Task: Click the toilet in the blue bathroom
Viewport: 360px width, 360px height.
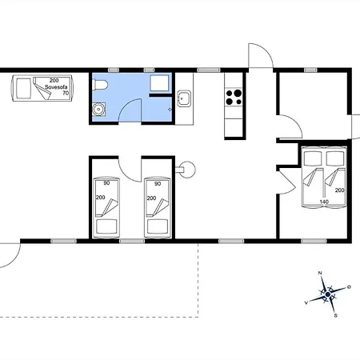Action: click(x=100, y=85)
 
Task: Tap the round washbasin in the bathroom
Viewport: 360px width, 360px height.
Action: click(x=99, y=109)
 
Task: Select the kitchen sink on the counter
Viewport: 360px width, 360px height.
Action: click(x=184, y=98)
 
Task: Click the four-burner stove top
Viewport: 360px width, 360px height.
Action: click(x=234, y=97)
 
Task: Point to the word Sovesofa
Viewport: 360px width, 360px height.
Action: click(x=56, y=87)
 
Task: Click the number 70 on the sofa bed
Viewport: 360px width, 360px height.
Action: click(x=66, y=93)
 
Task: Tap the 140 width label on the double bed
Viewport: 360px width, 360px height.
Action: click(x=324, y=202)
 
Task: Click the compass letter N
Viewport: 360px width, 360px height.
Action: click(x=320, y=273)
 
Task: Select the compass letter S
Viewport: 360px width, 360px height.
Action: click(x=335, y=315)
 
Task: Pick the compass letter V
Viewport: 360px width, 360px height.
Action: click(x=306, y=302)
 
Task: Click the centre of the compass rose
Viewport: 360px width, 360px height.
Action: click(x=328, y=294)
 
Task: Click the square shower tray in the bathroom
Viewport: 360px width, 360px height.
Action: click(x=159, y=83)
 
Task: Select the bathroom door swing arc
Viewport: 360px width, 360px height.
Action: click(x=127, y=106)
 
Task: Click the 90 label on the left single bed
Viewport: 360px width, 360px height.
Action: click(x=106, y=183)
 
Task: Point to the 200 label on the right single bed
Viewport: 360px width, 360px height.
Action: click(x=151, y=198)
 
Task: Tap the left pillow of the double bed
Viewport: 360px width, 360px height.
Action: click(x=313, y=158)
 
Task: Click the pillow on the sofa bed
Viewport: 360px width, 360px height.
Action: click(x=23, y=88)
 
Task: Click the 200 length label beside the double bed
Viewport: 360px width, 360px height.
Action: click(x=340, y=190)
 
